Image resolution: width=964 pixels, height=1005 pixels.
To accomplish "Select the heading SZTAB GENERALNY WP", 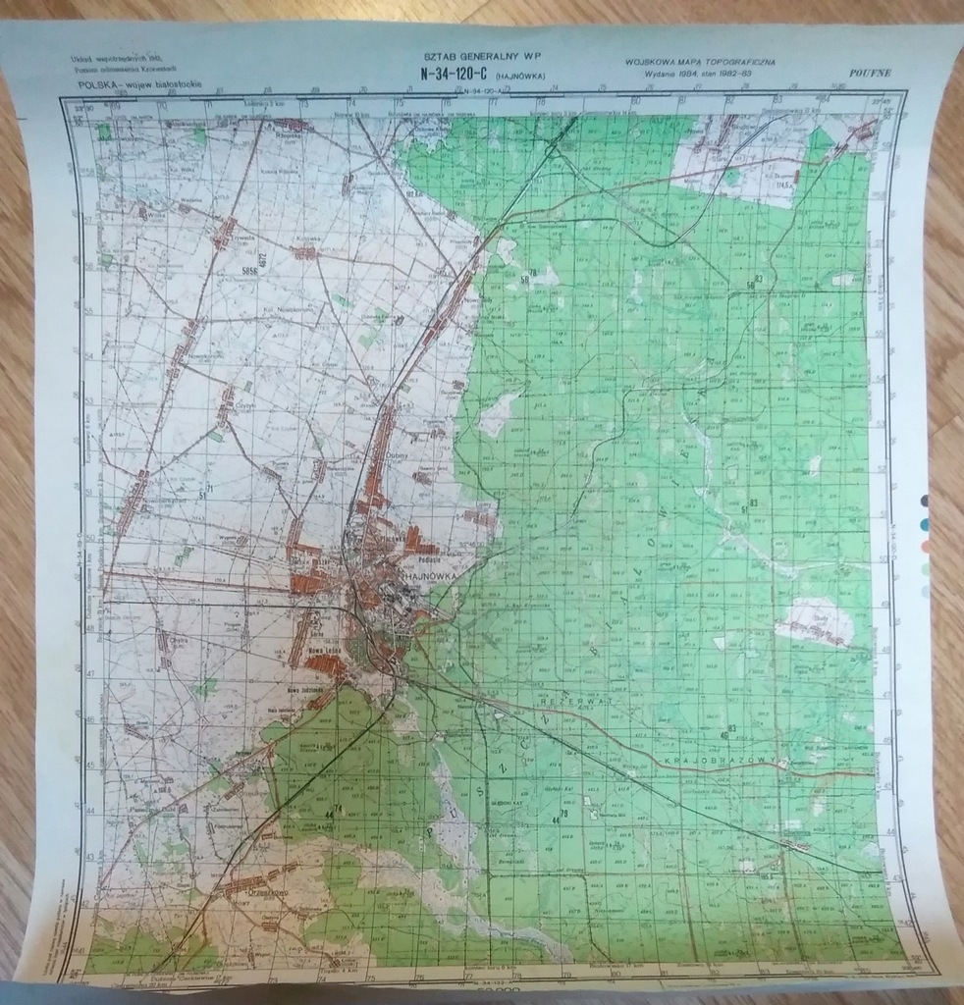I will tap(482, 59).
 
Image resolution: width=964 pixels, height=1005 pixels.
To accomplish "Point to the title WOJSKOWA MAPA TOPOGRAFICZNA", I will tap(699, 62).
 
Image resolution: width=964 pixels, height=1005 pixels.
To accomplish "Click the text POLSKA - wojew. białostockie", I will tap(139, 87).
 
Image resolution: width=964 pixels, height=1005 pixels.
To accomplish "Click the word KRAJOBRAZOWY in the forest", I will tap(720, 762).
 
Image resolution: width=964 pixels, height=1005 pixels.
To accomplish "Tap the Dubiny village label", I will tap(423, 454).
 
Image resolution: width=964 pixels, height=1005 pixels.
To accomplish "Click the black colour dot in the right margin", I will tap(925, 501).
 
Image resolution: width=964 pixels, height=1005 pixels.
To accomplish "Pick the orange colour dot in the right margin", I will tap(925, 547).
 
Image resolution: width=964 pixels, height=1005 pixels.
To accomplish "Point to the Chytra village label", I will tap(178, 640).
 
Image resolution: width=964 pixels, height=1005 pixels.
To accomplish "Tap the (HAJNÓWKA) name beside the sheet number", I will tap(520, 76).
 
